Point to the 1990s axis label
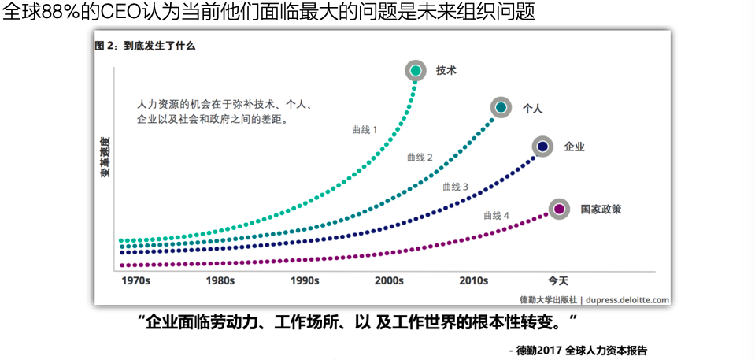tap(304, 280)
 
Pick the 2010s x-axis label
tap(474, 280)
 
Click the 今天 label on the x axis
tap(558, 280)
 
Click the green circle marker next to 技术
tap(416, 70)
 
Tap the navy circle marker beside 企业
tap(542, 147)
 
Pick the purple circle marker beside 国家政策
tap(559, 209)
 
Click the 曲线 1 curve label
tap(365, 129)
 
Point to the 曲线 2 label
tap(420, 158)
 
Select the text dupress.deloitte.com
tap(627, 299)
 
